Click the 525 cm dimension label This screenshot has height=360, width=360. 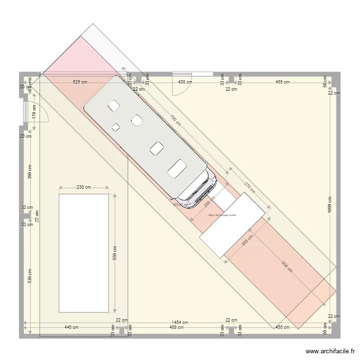(x=80, y=82)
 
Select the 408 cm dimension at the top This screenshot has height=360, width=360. (x=185, y=82)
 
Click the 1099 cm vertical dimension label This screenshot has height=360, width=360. (x=330, y=206)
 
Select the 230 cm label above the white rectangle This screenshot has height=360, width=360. (x=84, y=187)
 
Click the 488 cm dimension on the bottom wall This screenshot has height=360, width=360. (x=177, y=327)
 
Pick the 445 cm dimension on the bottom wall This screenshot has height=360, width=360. (x=72, y=327)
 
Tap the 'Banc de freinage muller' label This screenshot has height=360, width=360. (x=223, y=215)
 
